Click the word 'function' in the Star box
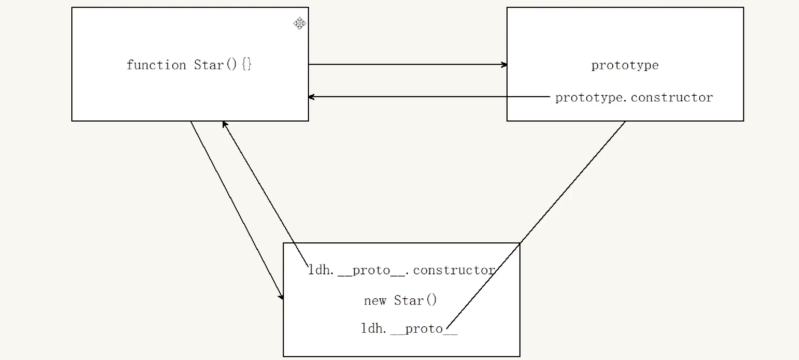pos(156,65)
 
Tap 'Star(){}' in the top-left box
pos(223,65)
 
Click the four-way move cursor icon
pos(299,23)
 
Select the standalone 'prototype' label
pos(625,66)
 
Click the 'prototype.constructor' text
pos(634,98)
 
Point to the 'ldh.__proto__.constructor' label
pos(402,270)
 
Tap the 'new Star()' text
pos(400,300)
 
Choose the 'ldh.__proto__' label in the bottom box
pos(409,329)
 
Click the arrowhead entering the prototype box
pos(504,65)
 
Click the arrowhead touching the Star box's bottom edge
pos(224,124)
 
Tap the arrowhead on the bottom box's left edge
pos(281,296)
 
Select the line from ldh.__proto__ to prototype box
pos(536,225)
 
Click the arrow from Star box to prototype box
pos(408,65)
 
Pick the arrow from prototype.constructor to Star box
pos(429,97)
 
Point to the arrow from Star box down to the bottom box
pos(237,210)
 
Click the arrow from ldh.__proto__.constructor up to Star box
pos(265,194)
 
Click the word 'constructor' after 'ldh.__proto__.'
pos(454,270)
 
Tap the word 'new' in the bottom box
pos(375,301)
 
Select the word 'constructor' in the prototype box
pos(672,98)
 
